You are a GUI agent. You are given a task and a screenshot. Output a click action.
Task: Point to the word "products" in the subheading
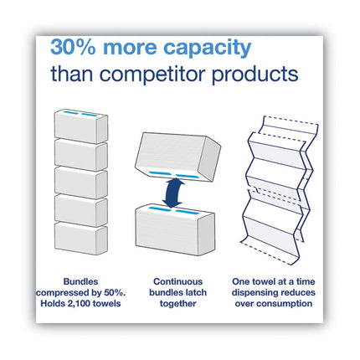click(x=256, y=75)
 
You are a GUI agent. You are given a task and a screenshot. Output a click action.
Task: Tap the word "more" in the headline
click(x=136, y=47)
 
